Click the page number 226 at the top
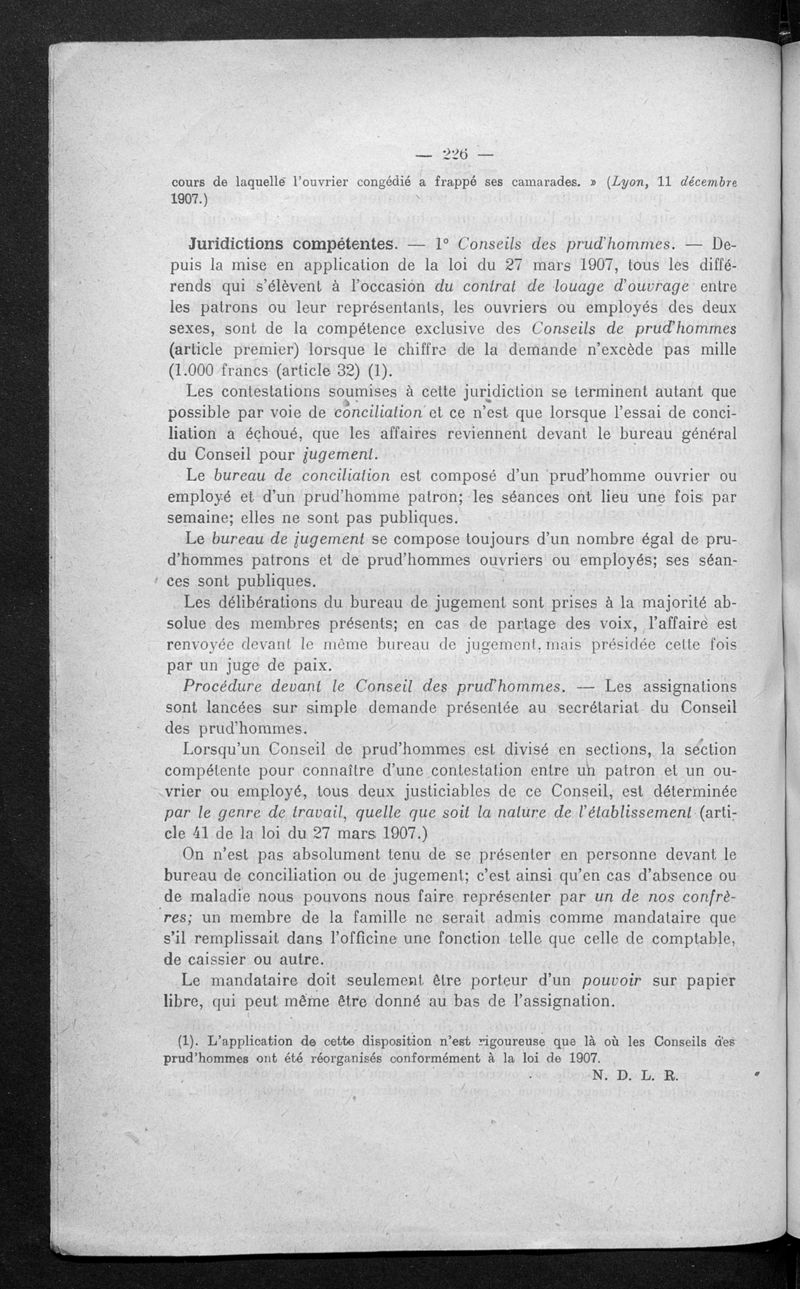pos(455,154)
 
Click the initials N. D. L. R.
pos(634,1076)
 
